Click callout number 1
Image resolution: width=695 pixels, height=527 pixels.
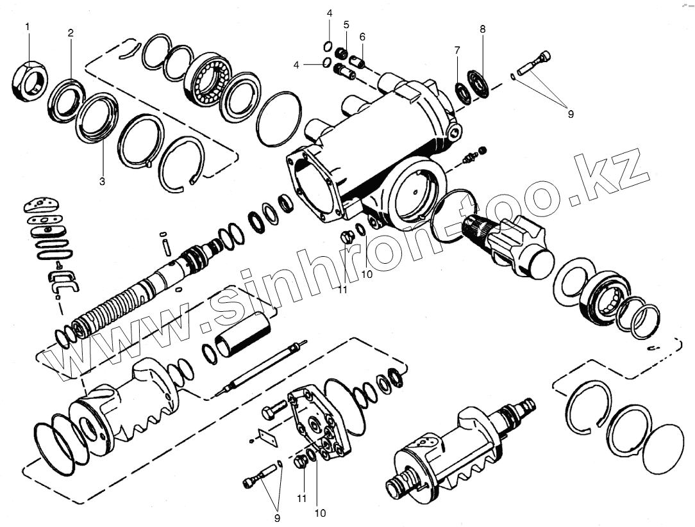(28, 26)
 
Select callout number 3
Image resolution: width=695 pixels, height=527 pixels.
(102, 181)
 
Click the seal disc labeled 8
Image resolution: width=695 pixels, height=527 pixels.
(478, 85)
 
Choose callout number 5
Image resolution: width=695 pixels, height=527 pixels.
(346, 25)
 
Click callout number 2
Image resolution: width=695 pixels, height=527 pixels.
(71, 32)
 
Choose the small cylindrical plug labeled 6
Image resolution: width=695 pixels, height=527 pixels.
(358, 63)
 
